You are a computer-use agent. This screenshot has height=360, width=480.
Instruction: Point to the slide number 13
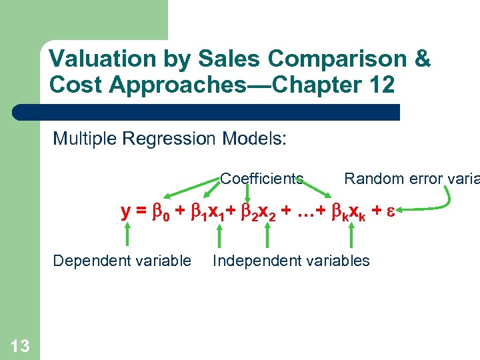pos(20,345)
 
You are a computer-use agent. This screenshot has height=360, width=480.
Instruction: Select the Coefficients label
pos(261,179)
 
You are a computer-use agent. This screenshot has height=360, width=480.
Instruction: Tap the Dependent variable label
pos(122,261)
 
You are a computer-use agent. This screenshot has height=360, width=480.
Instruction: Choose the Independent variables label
pos(291,261)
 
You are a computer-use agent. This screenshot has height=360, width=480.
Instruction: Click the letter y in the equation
pos(125,212)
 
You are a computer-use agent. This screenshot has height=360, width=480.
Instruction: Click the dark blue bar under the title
pos(220,112)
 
